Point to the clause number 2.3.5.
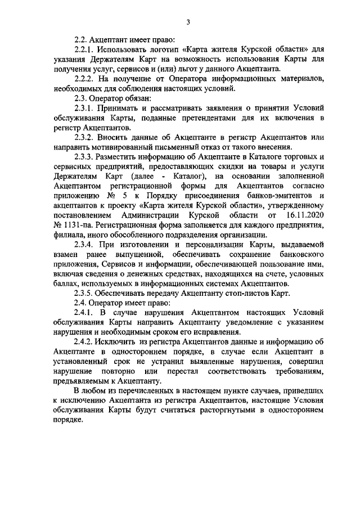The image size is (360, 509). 86,293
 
